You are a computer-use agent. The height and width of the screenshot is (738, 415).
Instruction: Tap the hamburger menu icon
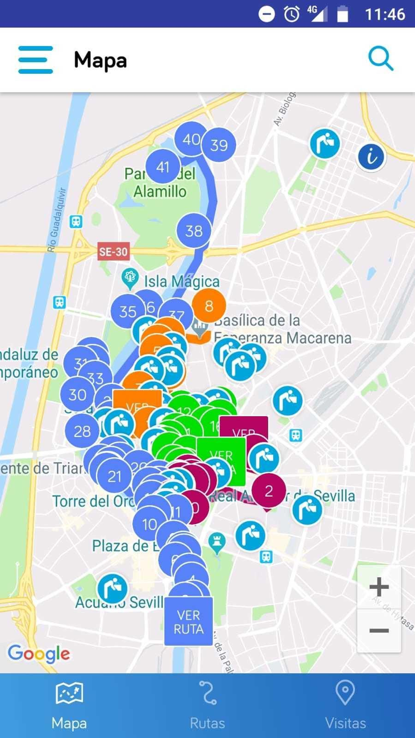click(x=36, y=60)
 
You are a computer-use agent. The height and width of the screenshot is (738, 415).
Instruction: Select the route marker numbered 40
click(x=191, y=139)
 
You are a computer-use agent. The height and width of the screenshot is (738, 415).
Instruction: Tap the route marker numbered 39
click(x=219, y=145)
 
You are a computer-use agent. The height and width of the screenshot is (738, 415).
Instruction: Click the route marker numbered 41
click(x=163, y=167)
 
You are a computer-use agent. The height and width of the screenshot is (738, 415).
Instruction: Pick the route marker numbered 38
click(x=194, y=231)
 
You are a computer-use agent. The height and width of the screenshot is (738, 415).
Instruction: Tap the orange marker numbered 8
click(x=209, y=306)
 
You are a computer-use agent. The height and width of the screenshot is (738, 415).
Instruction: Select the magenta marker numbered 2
click(x=269, y=491)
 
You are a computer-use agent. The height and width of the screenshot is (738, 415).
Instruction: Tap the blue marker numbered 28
click(x=82, y=431)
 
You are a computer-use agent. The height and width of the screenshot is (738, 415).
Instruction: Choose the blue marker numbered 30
click(x=77, y=394)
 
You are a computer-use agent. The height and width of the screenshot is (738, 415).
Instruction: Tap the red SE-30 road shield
click(x=114, y=252)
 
